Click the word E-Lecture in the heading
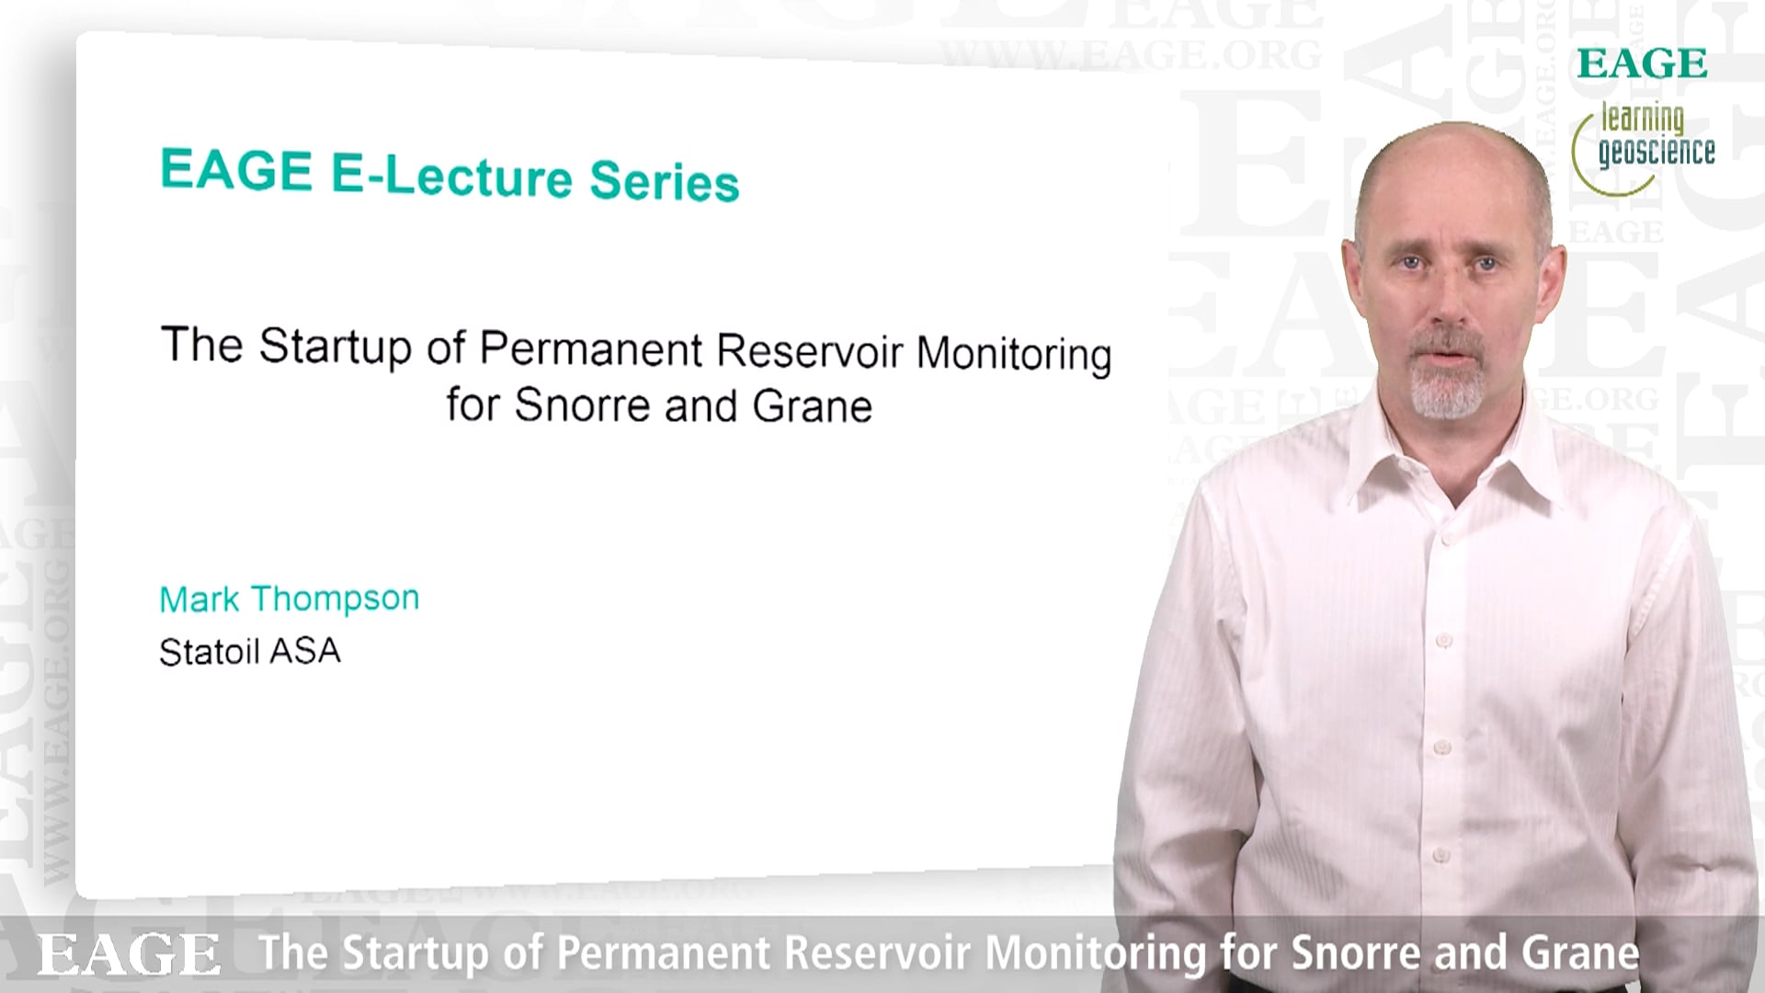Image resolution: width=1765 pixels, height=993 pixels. (451, 175)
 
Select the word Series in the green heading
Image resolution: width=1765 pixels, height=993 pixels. (665, 180)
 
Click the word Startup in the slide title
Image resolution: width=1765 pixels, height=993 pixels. (335, 347)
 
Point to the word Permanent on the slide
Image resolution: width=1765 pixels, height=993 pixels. (591, 349)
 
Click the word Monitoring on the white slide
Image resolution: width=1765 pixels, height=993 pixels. (1014, 354)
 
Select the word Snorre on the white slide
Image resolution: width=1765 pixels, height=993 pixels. (582, 405)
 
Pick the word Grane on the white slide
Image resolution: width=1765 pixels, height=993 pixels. (812, 406)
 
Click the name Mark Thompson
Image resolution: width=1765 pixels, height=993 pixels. (290, 599)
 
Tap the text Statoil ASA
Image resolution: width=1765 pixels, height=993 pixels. (250, 652)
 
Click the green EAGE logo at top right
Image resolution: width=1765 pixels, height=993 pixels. (1642, 63)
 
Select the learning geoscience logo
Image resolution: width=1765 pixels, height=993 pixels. (1644, 147)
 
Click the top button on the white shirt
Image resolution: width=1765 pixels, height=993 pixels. (1449, 538)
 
